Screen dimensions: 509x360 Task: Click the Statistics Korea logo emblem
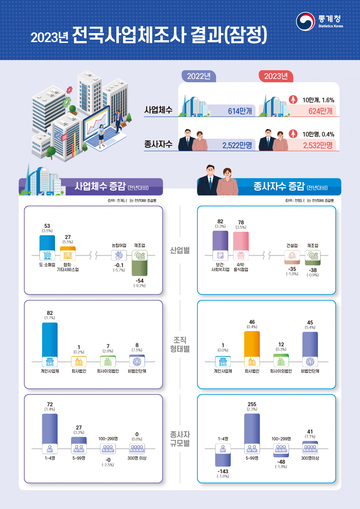(305, 21)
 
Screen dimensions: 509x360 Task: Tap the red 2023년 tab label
(276, 76)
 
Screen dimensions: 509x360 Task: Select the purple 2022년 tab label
(199, 76)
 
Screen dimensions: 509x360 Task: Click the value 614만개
(240, 111)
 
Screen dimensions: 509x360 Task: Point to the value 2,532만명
(318, 146)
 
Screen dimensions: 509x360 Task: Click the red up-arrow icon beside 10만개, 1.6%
(293, 99)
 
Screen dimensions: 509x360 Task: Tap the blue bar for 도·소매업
(47, 242)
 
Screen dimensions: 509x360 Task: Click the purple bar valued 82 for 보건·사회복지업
(220, 240)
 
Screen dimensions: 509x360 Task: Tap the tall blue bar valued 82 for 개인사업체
(50, 339)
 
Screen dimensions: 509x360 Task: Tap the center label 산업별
(180, 250)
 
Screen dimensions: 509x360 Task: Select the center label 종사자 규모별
(180, 439)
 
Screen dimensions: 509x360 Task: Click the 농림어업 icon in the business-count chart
(119, 255)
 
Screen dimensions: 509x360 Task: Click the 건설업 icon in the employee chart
(292, 255)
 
